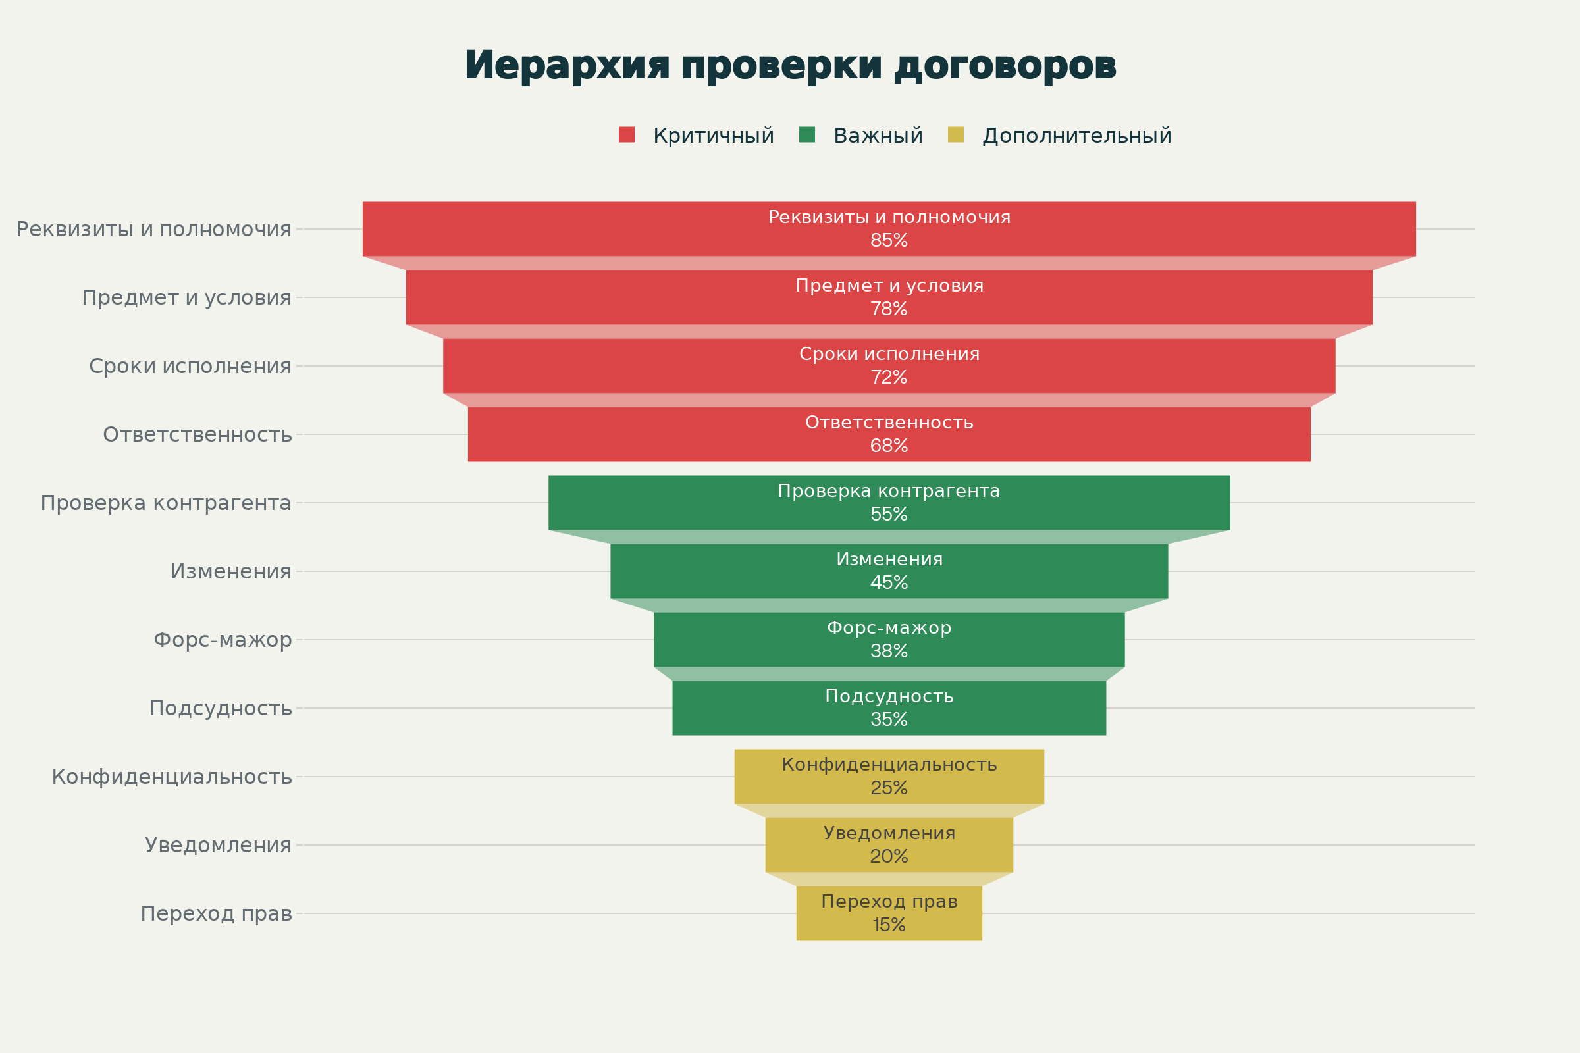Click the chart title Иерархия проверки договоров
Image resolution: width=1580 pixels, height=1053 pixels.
click(790, 66)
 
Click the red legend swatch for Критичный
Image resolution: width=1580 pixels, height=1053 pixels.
click(626, 135)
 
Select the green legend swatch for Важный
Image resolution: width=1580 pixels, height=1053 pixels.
click(807, 135)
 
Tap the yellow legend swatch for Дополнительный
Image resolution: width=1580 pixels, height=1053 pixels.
click(955, 135)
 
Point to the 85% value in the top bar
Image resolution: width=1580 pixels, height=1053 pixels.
click(889, 240)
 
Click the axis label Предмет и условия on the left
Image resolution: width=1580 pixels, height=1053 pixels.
click(186, 297)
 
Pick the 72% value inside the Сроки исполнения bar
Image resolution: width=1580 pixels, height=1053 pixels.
click(889, 377)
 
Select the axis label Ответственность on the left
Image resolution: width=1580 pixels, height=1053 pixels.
click(197, 434)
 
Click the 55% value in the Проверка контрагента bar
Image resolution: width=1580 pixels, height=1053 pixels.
click(889, 515)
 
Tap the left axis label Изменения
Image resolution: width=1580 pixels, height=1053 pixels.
click(230, 571)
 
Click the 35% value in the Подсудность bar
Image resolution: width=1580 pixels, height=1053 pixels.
click(889, 720)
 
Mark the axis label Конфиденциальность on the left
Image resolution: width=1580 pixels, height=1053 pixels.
click(171, 777)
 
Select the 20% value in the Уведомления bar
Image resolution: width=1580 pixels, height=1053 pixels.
click(889, 857)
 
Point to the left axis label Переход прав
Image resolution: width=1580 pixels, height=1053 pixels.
click(216, 914)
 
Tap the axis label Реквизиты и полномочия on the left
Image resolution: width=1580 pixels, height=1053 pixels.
click(153, 229)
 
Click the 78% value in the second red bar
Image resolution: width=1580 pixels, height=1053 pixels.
click(889, 309)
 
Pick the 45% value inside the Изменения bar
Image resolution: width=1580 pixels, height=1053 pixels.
click(889, 583)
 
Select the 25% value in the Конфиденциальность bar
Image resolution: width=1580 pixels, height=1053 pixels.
click(889, 788)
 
